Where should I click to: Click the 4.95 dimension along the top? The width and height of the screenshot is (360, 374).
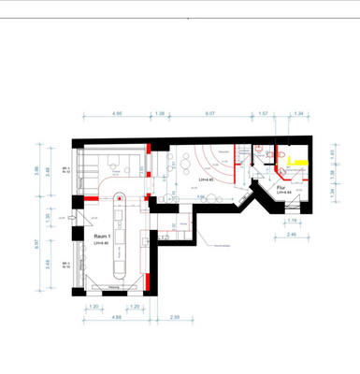coord(117,113)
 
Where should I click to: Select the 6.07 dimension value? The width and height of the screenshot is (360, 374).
coord(210,113)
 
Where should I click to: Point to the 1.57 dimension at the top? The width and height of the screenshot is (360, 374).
coord(263,113)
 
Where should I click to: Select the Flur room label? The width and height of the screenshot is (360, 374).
coord(280,186)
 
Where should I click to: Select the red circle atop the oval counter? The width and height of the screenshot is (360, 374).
coord(119,196)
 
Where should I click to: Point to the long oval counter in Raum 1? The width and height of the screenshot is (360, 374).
coord(119,238)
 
